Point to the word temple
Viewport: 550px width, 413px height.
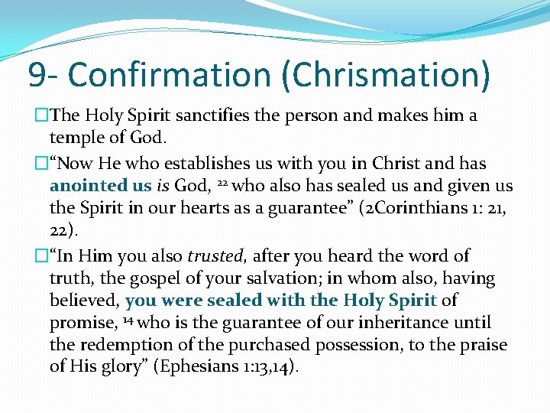(75, 138)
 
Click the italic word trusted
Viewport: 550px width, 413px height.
(217, 256)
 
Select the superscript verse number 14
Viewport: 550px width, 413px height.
(127, 320)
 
